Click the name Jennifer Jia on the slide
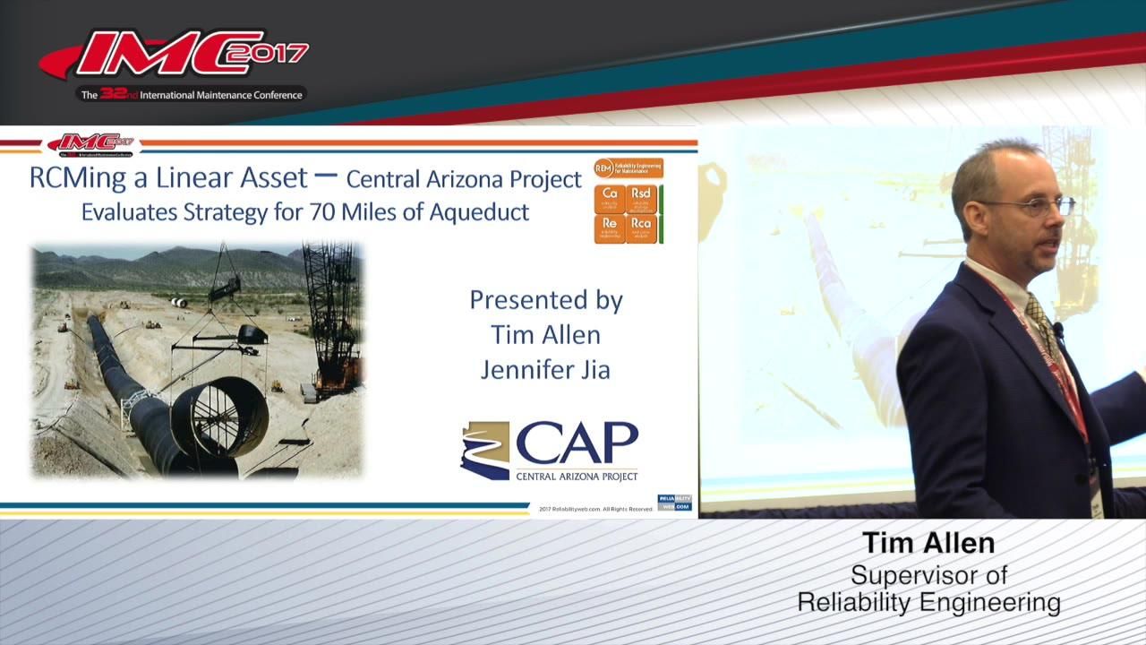545,369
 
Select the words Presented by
545,300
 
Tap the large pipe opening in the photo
219,417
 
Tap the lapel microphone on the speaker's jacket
1058,329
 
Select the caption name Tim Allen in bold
928,543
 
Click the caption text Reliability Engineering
928,603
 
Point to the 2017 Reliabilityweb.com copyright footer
595,509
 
